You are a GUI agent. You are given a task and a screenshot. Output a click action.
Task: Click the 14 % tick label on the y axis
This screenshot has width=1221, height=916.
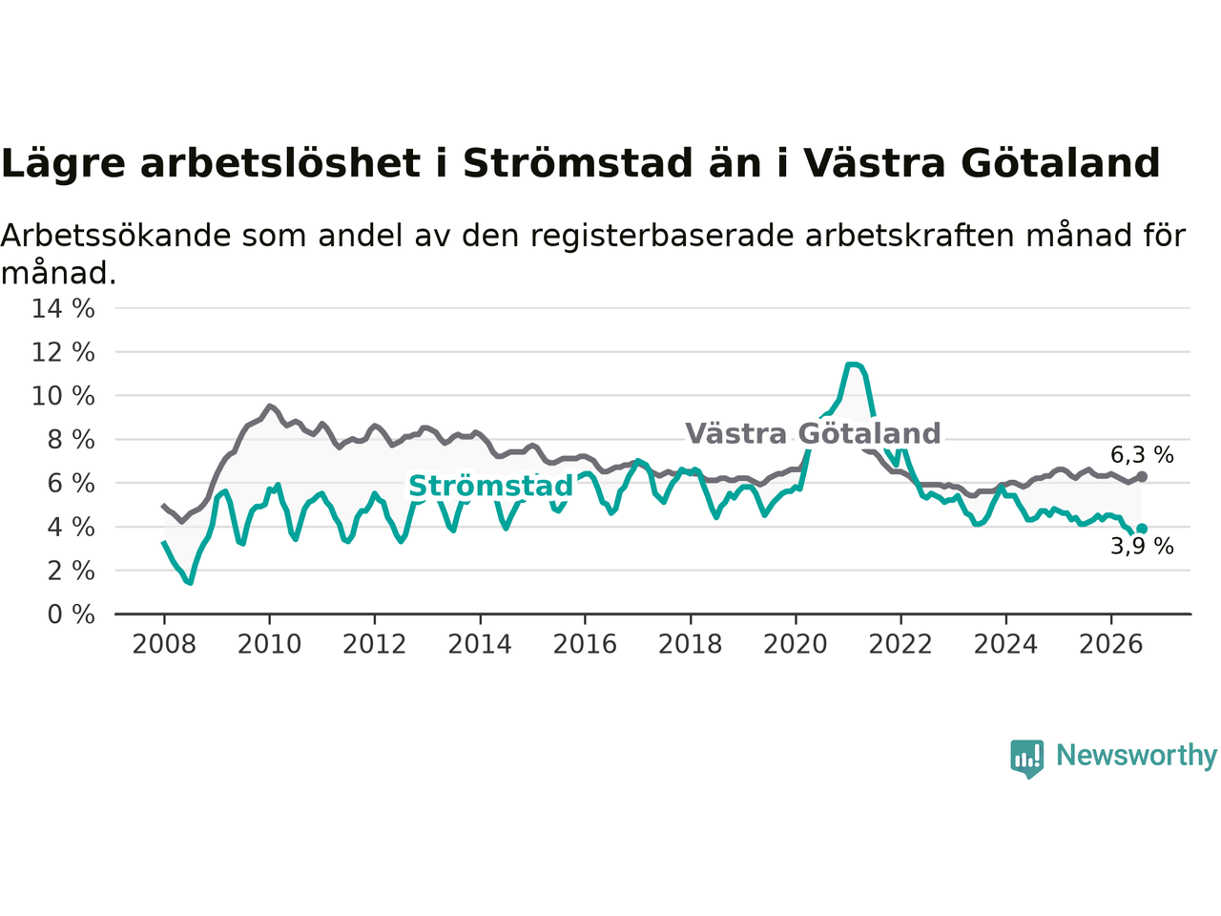[63, 308]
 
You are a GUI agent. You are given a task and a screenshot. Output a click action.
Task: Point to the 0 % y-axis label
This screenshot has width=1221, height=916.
[71, 615]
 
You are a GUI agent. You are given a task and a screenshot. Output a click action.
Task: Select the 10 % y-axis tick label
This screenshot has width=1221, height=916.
[63, 397]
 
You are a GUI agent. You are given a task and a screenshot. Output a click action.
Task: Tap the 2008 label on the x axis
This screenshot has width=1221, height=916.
[164, 645]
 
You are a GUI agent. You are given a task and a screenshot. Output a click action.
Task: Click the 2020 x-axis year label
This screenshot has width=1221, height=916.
[796, 645]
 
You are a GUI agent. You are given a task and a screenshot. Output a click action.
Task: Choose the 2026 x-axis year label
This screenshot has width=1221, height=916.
[1111, 645]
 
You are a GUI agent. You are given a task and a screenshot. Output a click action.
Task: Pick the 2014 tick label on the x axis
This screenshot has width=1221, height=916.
[480, 645]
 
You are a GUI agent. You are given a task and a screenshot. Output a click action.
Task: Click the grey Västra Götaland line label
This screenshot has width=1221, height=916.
[813, 433]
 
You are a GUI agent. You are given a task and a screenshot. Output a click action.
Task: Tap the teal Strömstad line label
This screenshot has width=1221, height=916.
[490, 486]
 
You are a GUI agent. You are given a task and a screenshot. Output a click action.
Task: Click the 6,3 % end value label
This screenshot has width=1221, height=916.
[1142, 455]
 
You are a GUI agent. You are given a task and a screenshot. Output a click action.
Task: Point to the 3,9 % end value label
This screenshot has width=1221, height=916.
[1142, 546]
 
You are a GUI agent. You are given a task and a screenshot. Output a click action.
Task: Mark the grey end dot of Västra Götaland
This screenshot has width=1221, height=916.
[1142, 477]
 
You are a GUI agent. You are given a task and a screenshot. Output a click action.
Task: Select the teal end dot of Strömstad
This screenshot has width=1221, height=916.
[1142, 529]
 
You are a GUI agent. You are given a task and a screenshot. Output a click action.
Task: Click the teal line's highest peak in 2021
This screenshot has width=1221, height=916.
[852, 364]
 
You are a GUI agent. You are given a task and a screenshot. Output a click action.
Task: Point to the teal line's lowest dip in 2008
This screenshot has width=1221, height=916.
[190, 582]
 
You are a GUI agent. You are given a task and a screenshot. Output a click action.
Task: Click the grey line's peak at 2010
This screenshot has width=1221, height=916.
[269, 406]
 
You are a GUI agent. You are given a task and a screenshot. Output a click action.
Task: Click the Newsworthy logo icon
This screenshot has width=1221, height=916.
[1026, 759]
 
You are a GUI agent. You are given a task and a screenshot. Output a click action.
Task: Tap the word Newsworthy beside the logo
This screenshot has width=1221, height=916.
[1136, 756]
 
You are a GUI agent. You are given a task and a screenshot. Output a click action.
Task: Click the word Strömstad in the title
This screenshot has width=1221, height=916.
[577, 163]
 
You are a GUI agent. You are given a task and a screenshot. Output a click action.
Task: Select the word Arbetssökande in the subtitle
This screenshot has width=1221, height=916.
[115, 236]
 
